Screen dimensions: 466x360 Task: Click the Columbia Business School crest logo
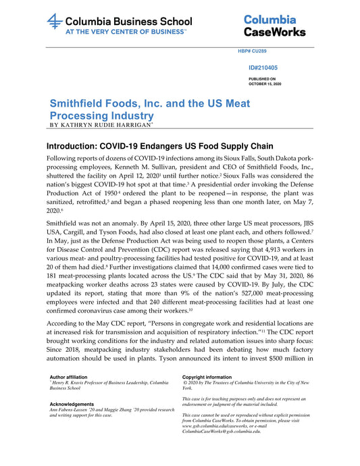55,22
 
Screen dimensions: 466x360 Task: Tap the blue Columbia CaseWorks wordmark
274,26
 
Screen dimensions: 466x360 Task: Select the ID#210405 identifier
263,68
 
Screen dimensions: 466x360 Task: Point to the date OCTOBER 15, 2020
264,84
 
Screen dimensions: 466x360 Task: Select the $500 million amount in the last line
288,359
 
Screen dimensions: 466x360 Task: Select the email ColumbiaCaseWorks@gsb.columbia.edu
221,431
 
